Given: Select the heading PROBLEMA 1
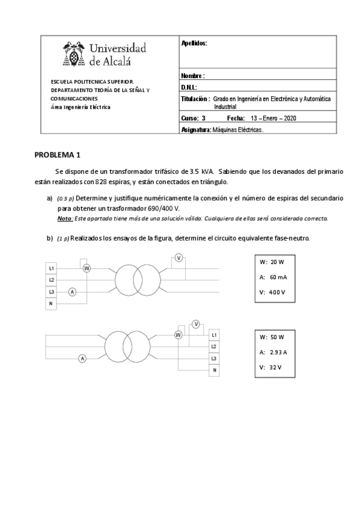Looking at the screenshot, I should click(61, 155).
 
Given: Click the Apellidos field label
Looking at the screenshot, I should click(194, 43).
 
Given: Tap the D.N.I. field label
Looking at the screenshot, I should click(189, 88).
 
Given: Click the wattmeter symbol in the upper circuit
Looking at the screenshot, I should click(87, 268).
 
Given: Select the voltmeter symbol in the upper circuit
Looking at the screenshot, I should click(179, 258).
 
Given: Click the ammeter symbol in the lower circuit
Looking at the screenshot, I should click(83, 358).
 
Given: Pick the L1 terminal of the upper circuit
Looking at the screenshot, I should click(52, 268).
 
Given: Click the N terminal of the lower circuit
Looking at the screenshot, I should click(213, 370).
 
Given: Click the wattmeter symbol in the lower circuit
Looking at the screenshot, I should click(178, 334).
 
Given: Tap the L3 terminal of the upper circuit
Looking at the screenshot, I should click(52, 292).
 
